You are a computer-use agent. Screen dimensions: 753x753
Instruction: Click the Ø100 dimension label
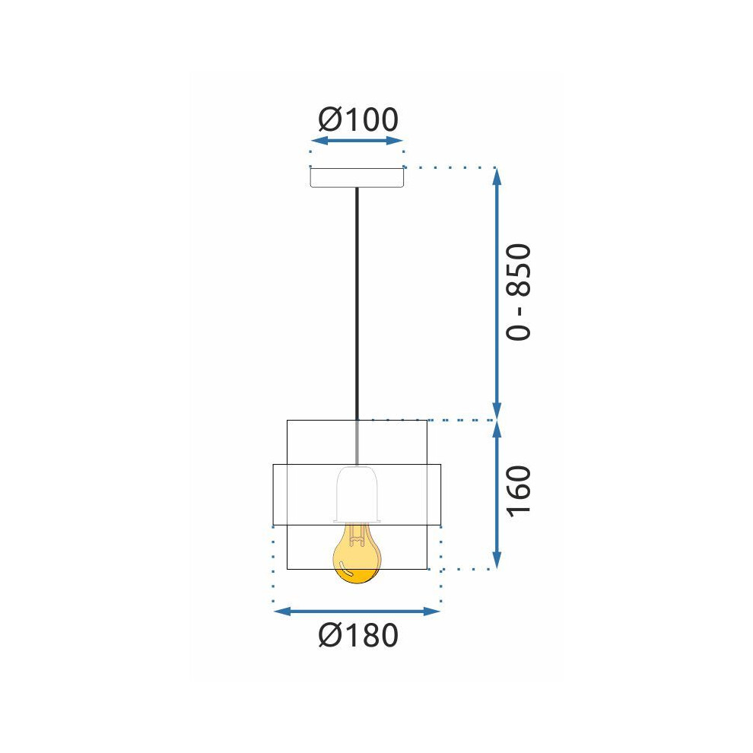(x=358, y=119)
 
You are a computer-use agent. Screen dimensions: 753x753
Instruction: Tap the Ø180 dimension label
(x=358, y=635)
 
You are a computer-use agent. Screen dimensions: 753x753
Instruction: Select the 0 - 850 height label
(x=519, y=293)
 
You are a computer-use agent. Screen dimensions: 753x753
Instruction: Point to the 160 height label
(x=519, y=491)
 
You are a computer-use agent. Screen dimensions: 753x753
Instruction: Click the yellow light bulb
(x=357, y=553)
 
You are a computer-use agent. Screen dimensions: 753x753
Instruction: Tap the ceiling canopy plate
(x=357, y=177)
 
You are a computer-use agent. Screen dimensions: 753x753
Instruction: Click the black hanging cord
(x=357, y=303)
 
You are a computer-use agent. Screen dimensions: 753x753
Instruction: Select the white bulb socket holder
(x=357, y=494)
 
